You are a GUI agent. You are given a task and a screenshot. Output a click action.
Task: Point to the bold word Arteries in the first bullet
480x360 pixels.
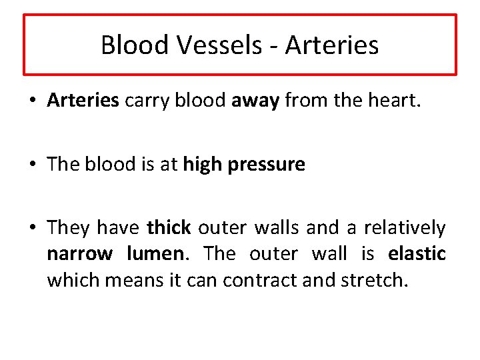[x=83, y=101]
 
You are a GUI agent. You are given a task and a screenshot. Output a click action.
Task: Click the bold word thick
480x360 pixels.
[x=169, y=228]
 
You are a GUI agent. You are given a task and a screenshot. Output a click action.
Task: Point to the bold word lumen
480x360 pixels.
[x=154, y=253]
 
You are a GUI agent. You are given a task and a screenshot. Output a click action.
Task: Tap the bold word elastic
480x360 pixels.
[x=417, y=253]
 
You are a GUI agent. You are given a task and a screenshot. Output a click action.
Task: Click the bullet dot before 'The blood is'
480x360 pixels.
[x=33, y=165]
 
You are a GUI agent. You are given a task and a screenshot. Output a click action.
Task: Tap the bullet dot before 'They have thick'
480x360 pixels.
[x=33, y=228]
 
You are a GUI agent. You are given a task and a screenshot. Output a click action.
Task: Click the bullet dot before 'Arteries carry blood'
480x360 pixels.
[x=33, y=101]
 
